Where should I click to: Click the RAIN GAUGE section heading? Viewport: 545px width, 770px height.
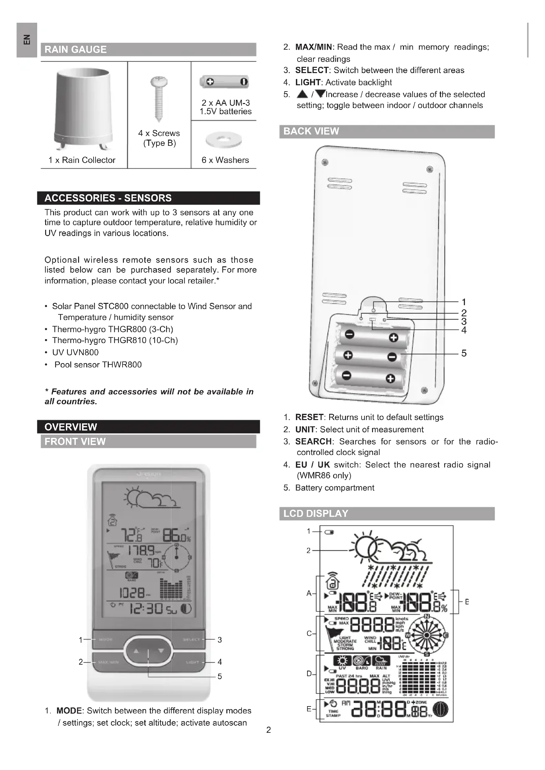coord(75,50)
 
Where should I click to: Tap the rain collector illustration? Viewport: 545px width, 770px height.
coord(83,109)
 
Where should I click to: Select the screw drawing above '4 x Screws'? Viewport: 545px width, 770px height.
coord(159,99)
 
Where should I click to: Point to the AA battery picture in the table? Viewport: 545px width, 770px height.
coord(224,82)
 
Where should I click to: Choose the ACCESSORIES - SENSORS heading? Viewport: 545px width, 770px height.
coord(108,198)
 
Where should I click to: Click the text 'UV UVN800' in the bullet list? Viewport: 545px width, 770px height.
coord(75,353)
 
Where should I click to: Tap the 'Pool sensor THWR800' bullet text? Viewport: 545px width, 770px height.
coord(98,364)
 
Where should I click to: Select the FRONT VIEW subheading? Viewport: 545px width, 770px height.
coord(75,442)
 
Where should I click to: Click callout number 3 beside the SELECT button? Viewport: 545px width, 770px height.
coord(220,640)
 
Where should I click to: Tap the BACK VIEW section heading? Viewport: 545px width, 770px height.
coord(311,131)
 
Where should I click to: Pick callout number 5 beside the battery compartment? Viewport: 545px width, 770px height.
coord(464,353)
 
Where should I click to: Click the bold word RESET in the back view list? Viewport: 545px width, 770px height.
coord(309,417)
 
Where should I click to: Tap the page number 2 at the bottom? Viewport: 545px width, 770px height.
coord(269,730)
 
